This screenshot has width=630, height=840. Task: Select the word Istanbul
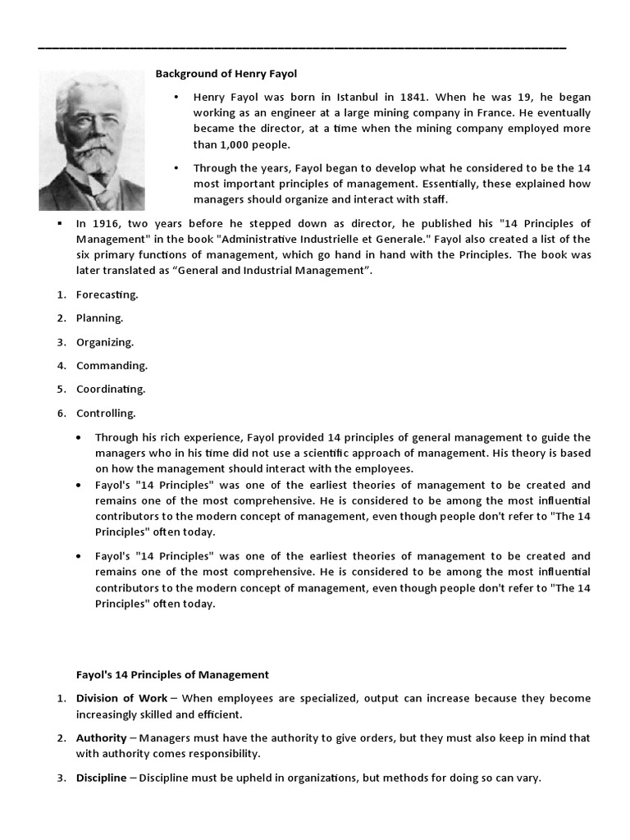349,97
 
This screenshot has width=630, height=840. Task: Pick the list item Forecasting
107,294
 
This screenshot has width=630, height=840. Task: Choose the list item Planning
99,318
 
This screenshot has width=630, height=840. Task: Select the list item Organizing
104,342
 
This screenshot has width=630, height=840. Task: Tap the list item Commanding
112,366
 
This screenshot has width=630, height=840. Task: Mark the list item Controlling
106,413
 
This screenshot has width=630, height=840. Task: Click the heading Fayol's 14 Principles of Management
172,675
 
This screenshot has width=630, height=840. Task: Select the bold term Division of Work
121,698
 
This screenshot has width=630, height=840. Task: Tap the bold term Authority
102,738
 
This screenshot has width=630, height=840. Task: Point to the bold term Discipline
102,778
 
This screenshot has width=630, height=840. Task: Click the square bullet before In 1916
60,223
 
